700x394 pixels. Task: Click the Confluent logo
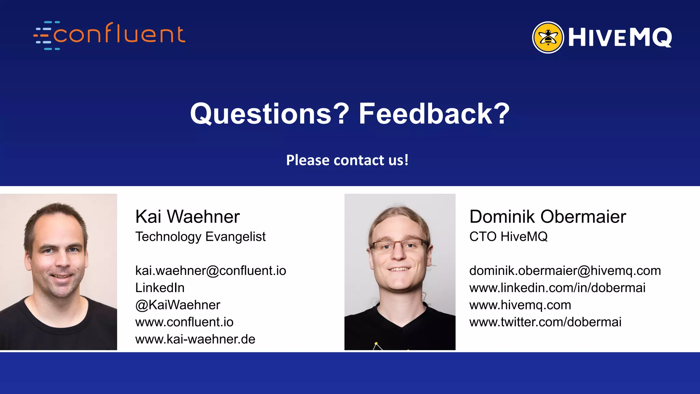coord(109,35)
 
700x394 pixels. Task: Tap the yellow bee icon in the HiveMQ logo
coord(548,37)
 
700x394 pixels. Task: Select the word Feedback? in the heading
coord(434,114)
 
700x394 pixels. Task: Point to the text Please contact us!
coord(347,160)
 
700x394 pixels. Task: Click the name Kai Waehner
coord(187,216)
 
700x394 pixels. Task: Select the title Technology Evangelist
coord(200,237)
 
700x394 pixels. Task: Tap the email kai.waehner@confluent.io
coord(211,271)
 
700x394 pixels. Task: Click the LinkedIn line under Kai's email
coord(160,288)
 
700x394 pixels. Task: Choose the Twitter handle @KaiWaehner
coord(178,305)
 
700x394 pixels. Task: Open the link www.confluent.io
coord(184,322)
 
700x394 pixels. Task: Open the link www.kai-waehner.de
coord(195,339)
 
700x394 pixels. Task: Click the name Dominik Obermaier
coord(548,216)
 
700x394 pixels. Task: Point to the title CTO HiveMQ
coord(508,237)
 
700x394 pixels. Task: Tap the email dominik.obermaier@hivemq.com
coord(565,271)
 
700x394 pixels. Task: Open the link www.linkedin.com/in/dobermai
coord(557,288)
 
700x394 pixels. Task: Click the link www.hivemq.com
coord(520,305)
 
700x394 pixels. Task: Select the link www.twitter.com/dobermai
coord(545,322)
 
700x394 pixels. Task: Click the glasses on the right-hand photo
coord(399,246)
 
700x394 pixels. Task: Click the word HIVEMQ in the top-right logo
coord(620,38)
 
